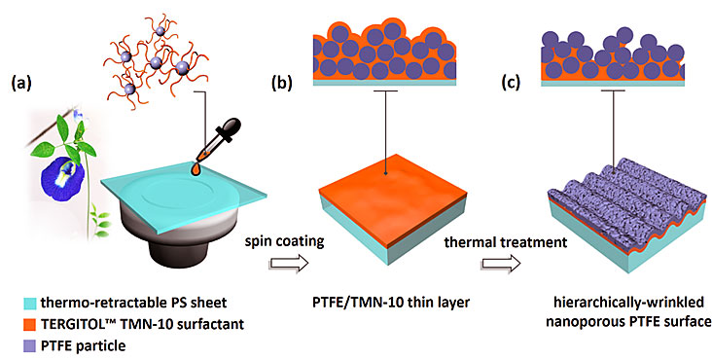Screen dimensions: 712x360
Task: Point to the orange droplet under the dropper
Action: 196,169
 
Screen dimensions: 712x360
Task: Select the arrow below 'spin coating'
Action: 288,264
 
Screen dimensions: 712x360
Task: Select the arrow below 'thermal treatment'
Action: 501,264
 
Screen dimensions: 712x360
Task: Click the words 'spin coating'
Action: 285,242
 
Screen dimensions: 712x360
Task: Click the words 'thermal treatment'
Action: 506,242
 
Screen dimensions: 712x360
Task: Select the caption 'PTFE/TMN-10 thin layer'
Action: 390,303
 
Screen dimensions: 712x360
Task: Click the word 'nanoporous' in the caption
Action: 582,322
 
